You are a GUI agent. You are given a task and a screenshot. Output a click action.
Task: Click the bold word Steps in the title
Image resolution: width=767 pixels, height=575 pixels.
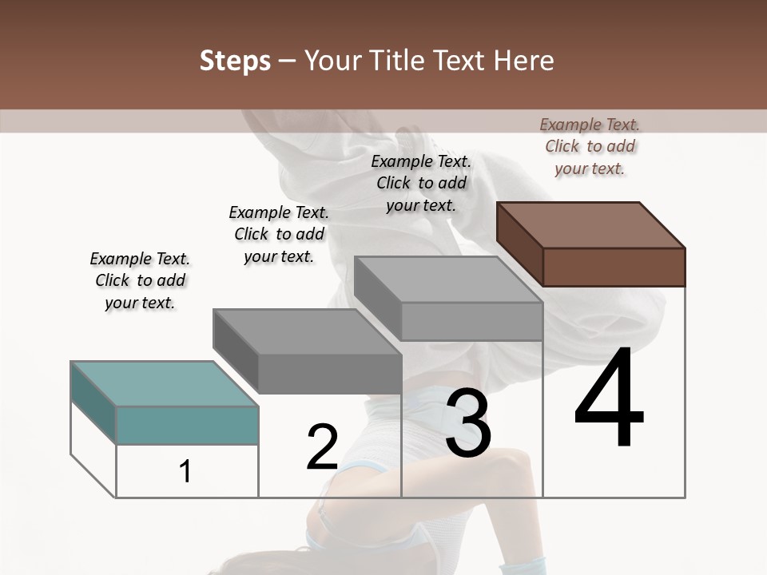pos(235,61)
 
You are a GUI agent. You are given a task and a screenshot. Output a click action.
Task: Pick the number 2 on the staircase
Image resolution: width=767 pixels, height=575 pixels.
pos(322,447)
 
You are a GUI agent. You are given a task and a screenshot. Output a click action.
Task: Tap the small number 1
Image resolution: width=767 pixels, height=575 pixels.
pos(185,472)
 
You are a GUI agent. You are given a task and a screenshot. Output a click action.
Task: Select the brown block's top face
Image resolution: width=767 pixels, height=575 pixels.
pos(591,224)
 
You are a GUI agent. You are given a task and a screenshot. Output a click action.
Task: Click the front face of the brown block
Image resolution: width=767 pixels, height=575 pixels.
pos(614,267)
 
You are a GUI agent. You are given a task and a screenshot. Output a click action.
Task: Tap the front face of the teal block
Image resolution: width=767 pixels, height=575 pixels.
pos(187,426)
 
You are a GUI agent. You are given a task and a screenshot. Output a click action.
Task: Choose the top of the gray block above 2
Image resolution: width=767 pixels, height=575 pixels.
pos(307,331)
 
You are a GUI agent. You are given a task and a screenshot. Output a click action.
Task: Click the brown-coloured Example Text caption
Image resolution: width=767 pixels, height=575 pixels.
pos(590,146)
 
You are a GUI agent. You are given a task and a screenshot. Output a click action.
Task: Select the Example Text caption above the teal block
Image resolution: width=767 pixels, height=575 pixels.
pos(140,280)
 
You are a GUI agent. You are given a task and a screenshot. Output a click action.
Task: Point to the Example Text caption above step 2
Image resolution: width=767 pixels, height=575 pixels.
pos(279,234)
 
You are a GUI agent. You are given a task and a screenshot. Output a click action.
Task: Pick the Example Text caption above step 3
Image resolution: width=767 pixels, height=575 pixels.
pos(421,183)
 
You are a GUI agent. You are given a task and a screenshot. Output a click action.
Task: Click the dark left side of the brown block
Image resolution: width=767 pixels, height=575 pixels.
pos(519,244)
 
